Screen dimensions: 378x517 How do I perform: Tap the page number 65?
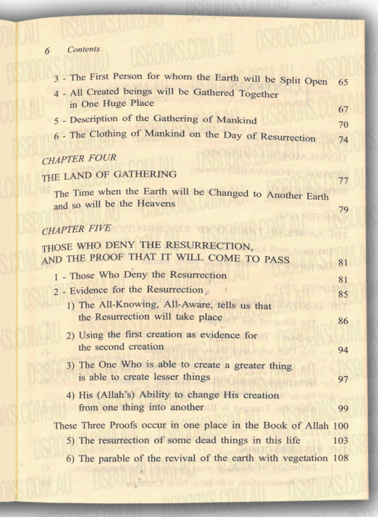[x=344, y=83]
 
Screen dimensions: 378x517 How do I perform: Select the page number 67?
[x=344, y=109]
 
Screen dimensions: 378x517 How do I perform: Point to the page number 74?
[x=344, y=139]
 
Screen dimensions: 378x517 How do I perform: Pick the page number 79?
[x=344, y=210]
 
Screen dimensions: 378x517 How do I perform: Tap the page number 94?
[x=344, y=350]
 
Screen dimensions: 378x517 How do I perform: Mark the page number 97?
[x=344, y=379]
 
